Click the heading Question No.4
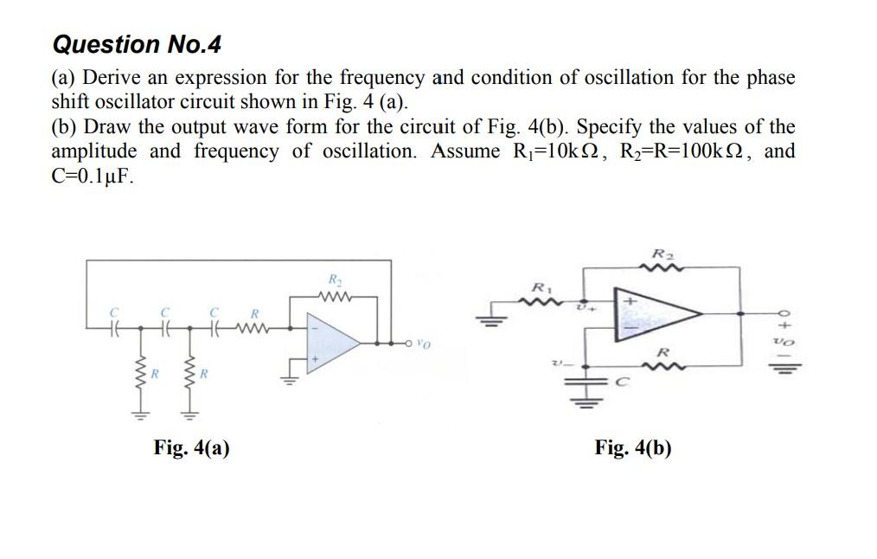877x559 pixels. tap(137, 44)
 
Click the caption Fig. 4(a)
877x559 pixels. tap(191, 447)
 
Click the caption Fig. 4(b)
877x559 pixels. tap(632, 447)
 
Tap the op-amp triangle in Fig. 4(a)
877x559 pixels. tap(333, 343)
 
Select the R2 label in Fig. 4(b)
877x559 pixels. tap(663, 254)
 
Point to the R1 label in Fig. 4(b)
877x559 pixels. tap(541, 289)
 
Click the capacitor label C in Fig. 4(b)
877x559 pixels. tap(624, 382)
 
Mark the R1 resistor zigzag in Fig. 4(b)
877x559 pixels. tap(541, 303)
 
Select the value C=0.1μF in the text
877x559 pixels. tap(93, 176)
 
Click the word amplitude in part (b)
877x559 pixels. tap(94, 151)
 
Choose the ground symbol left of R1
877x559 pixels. tap(491, 318)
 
